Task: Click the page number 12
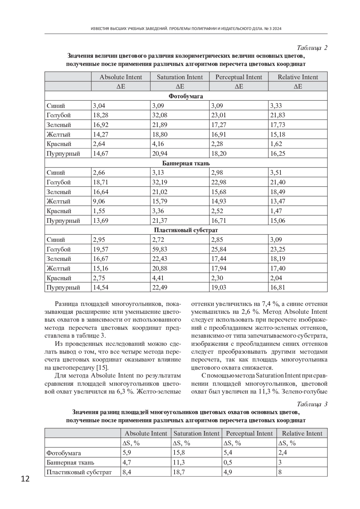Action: (25, 479)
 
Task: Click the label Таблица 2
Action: (312, 48)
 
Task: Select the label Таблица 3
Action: (312, 404)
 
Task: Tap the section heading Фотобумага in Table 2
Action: (186, 96)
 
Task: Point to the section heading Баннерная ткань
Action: (186, 163)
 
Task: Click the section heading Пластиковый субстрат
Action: (186, 230)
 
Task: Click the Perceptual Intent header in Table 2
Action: (238, 77)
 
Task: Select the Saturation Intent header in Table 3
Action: (196, 433)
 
